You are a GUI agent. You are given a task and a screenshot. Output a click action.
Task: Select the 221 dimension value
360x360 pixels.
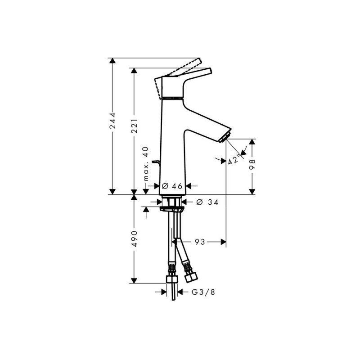pyautogui.click(x=134, y=126)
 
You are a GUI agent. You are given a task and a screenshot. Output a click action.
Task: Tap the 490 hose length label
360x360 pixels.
pyautogui.click(x=134, y=239)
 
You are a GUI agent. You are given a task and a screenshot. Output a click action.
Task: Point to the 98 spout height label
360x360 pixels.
pyautogui.click(x=252, y=164)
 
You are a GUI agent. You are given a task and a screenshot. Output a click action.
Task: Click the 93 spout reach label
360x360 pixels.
pyautogui.click(x=200, y=242)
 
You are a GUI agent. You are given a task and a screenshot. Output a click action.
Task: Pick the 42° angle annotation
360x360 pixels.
pyautogui.click(x=234, y=160)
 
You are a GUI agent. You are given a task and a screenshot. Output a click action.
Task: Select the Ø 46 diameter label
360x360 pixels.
pyautogui.click(x=172, y=186)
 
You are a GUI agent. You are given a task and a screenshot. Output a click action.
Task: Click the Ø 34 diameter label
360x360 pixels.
pyautogui.click(x=207, y=202)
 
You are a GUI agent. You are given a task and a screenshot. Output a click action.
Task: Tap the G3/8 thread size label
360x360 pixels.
pyautogui.click(x=203, y=292)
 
